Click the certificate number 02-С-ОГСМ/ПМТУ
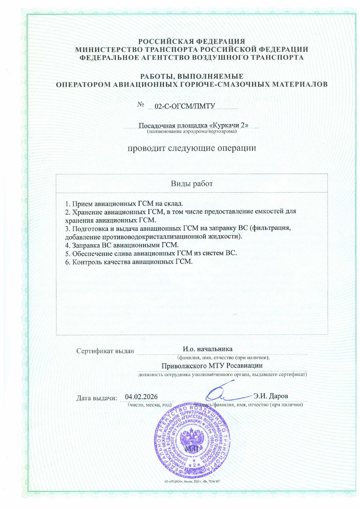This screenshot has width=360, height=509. pos(185,106)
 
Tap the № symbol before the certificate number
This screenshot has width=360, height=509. pos(141,105)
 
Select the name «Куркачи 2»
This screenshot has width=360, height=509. pos(229,125)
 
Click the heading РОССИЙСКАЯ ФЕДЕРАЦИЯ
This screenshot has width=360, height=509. pos(192,41)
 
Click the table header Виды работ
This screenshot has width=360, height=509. pos(192,184)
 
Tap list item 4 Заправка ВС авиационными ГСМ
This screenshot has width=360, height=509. pos(122,245)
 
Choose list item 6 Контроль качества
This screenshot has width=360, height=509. pos(129,262)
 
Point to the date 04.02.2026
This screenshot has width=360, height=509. pos(141,397)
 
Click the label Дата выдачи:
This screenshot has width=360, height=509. pos(97,398)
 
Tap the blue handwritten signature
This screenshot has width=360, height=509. pos(225,392)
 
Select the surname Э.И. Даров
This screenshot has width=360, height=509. pos(270,396)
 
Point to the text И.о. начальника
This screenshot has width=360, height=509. pos(208,349)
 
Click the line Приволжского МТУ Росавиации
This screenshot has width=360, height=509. pos(212,366)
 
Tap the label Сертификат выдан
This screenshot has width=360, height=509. pos(105,351)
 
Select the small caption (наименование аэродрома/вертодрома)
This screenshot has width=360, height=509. pos(192,131)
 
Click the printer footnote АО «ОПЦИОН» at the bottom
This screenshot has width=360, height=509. pos(192,481)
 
